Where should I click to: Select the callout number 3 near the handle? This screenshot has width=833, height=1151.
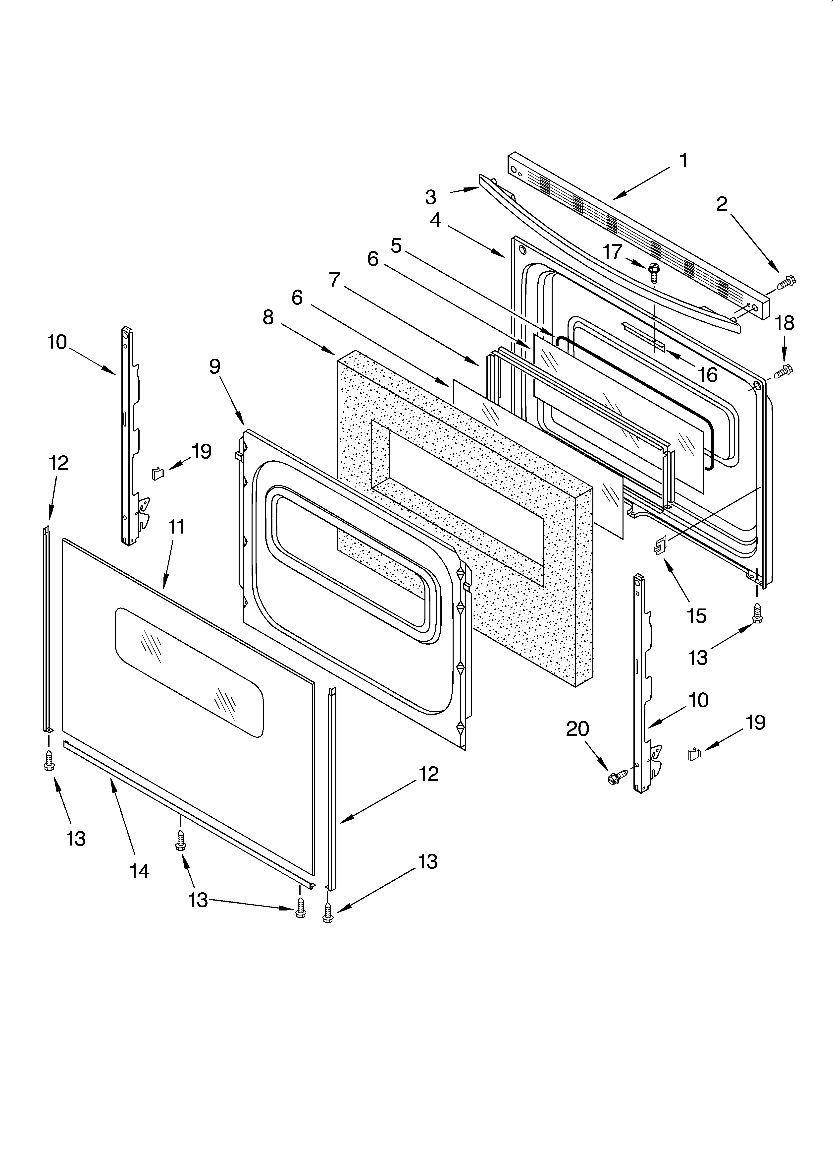click(430, 197)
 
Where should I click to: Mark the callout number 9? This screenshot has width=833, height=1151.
click(214, 366)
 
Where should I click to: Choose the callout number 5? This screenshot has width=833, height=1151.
click(396, 246)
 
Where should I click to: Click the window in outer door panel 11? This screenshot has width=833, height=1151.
click(189, 671)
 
